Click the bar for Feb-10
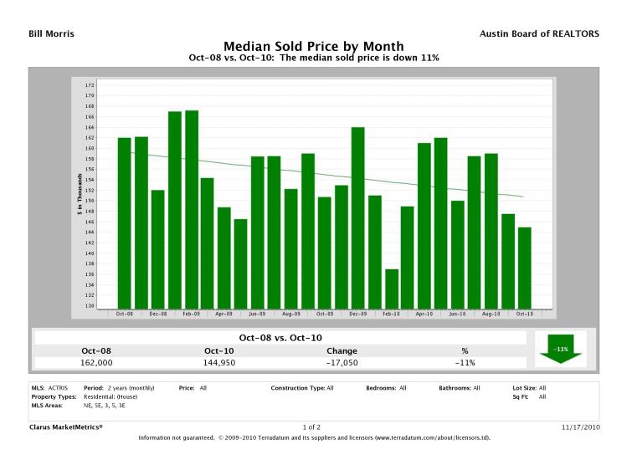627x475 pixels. [x=391, y=289]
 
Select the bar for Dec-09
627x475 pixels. [x=357, y=217]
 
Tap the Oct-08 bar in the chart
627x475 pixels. [x=124, y=222]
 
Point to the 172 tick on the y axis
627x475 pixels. [x=90, y=85]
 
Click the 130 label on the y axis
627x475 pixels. [x=90, y=306]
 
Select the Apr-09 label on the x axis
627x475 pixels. [x=224, y=314]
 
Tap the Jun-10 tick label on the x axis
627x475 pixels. [x=457, y=314]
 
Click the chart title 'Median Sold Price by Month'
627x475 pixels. [x=313, y=46]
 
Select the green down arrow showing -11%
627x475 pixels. [x=560, y=349]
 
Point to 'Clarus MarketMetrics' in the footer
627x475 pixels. [x=66, y=426]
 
